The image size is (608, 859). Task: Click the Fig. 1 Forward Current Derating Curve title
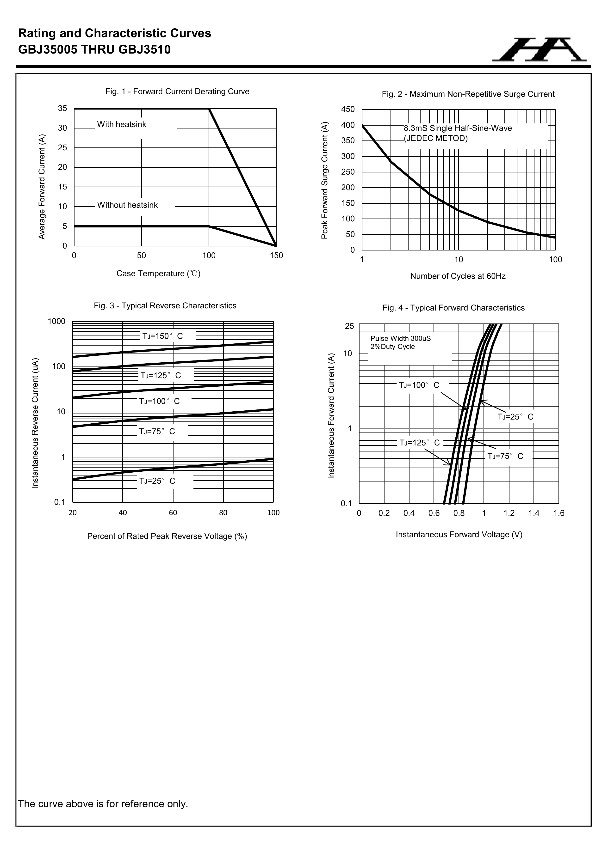click(177, 92)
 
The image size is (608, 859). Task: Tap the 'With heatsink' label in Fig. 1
click(122, 124)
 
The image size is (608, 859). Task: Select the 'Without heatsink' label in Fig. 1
click(127, 205)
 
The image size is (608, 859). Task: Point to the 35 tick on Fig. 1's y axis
click(62, 109)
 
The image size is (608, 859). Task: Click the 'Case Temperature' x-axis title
click(158, 274)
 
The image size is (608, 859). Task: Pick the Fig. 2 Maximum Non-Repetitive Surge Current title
click(468, 94)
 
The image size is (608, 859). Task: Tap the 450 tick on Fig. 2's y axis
click(348, 110)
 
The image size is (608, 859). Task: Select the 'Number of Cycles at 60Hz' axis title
click(458, 276)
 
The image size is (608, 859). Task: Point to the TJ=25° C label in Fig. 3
click(157, 481)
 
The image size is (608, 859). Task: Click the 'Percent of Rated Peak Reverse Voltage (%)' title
click(167, 536)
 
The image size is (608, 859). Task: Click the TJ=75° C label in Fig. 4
click(505, 456)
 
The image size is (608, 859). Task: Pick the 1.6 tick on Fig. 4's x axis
click(558, 513)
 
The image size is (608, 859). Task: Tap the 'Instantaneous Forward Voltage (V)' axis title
click(459, 535)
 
